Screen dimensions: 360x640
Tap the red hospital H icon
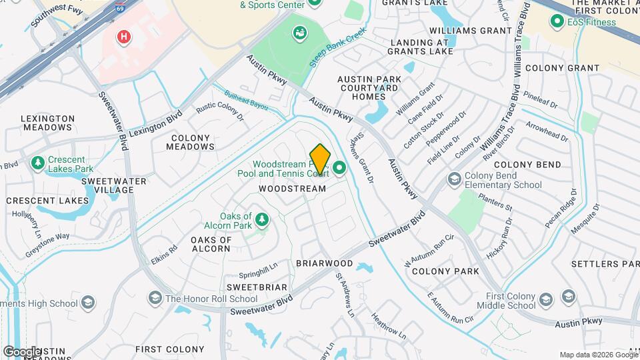[123, 37]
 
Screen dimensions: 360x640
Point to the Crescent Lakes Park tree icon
[38, 163]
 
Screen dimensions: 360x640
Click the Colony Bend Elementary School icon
[454, 179]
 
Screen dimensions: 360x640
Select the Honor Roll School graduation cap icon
[155, 298]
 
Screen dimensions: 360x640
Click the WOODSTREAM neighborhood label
[292, 189]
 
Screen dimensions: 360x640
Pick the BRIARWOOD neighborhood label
[324, 263]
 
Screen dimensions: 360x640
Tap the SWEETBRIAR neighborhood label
[257, 287]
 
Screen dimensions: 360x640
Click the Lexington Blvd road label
[155, 123]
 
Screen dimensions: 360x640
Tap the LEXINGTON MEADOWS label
[48, 123]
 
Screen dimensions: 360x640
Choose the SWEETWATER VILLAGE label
[106, 185]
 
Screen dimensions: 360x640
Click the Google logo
[21, 352]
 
